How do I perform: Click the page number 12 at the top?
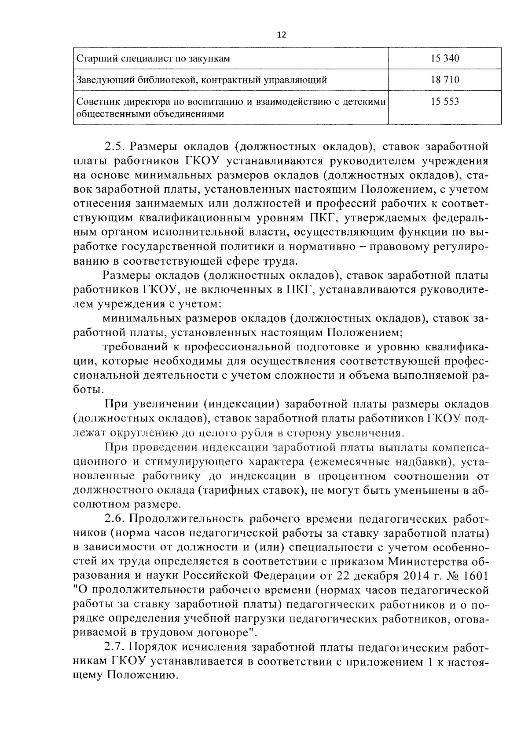click(282, 35)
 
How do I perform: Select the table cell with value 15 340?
click(445, 58)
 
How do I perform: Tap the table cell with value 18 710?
click(445, 80)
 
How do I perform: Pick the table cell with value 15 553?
click(445, 102)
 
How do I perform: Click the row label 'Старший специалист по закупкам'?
click(153, 58)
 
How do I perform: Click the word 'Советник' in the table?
click(94, 102)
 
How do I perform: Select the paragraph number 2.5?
click(115, 146)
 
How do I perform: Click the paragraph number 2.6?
click(115, 519)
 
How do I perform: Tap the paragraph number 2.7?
click(115, 648)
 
